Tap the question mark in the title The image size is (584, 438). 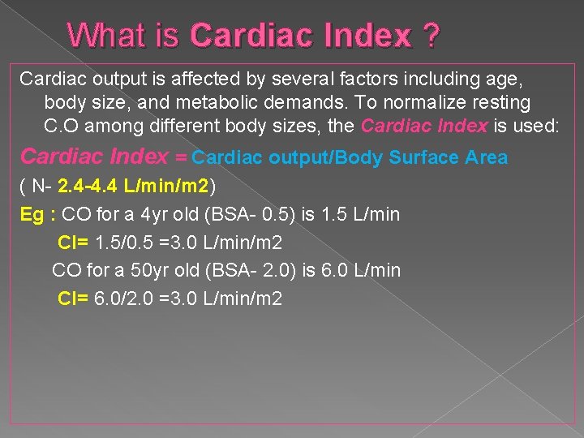431,35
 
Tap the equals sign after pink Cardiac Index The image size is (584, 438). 181,157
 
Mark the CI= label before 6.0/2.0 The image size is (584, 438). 74,298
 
